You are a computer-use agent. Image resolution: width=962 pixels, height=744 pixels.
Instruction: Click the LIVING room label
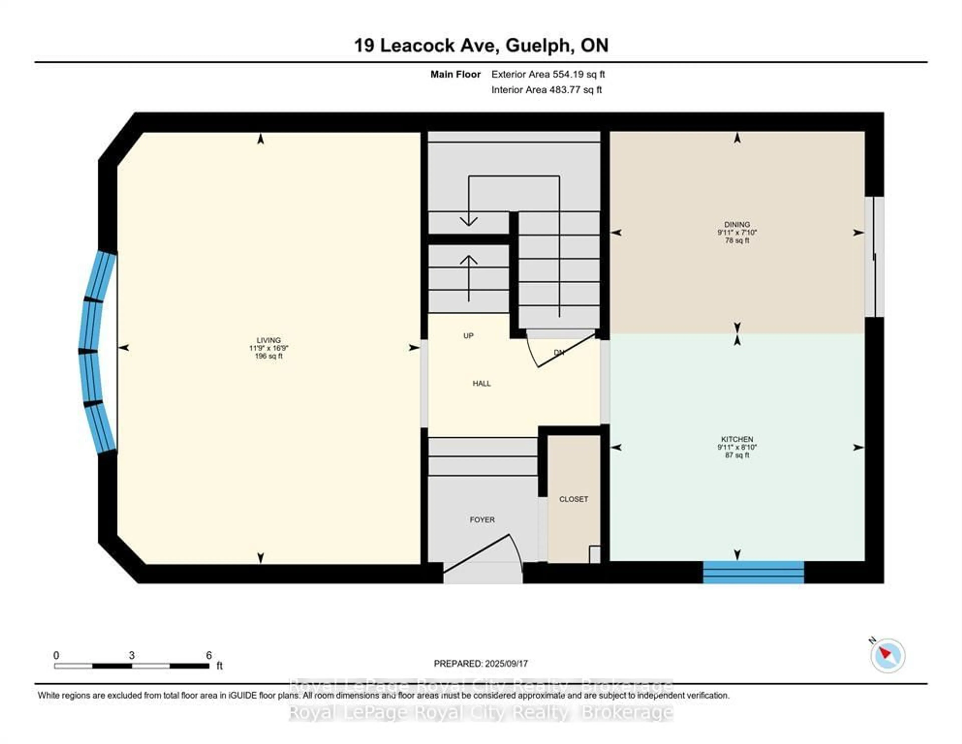[x=268, y=340]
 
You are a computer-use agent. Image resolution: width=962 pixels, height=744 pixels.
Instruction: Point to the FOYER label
[x=482, y=520]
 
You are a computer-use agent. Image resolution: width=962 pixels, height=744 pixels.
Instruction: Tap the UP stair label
[x=468, y=336]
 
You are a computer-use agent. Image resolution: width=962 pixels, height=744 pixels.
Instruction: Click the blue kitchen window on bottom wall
[x=753, y=572]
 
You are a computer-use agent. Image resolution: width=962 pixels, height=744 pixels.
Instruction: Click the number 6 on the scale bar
[x=209, y=655]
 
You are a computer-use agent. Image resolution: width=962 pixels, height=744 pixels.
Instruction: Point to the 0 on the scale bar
[x=56, y=655]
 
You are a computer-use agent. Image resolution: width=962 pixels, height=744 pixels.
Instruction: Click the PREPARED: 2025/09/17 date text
[x=480, y=663]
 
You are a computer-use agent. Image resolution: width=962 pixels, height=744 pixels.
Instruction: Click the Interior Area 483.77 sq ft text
[x=546, y=90]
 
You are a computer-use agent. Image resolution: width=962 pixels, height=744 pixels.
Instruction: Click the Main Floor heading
[x=455, y=74]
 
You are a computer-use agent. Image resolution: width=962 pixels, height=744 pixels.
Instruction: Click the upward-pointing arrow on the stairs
[x=469, y=278]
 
